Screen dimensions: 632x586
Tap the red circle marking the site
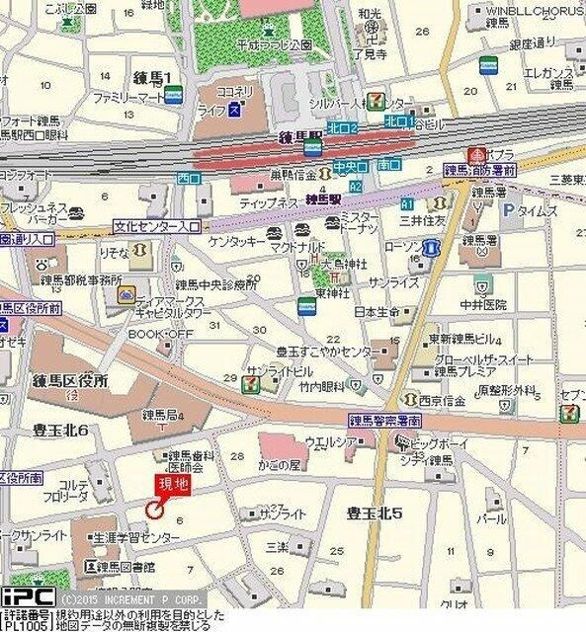click(154, 509)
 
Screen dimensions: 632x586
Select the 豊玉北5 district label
click(375, 513)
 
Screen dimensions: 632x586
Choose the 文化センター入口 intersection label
click(157, 226)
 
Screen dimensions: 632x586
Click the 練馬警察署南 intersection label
click(385, 420)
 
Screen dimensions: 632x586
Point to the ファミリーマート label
click(127, 99)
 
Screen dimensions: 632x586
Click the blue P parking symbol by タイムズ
click(508, 210)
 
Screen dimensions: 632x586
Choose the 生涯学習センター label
click(136, 538)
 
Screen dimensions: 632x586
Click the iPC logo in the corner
click(27, 597)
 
